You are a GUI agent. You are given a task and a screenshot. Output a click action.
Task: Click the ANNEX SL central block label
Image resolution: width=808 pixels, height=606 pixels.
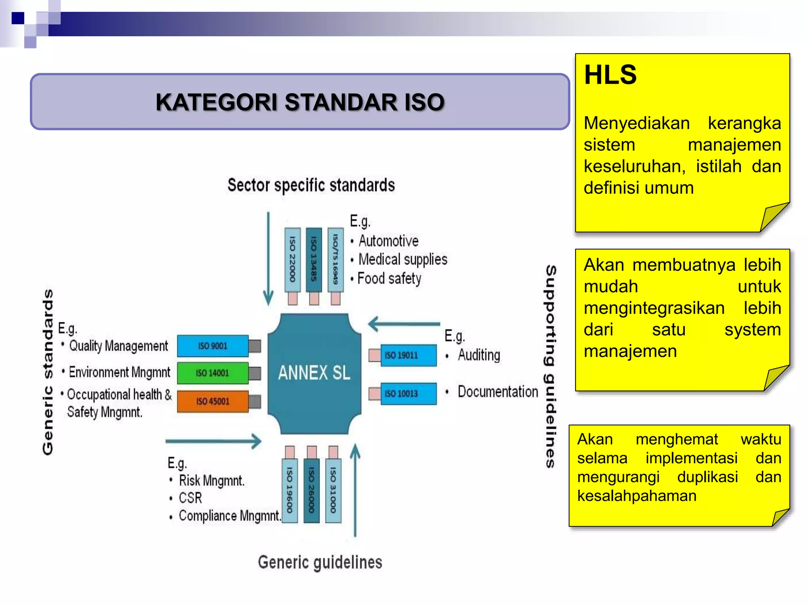coord(314,373)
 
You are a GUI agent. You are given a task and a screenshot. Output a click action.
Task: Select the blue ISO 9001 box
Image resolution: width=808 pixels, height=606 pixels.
coord(213,346)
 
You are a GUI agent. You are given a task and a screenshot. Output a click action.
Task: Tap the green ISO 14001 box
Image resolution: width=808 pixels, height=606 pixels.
coord(213,373)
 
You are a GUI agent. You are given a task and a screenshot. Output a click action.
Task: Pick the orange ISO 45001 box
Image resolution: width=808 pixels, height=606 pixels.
coord(213,401)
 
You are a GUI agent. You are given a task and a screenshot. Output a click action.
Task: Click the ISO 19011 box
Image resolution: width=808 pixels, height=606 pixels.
coord(408,355)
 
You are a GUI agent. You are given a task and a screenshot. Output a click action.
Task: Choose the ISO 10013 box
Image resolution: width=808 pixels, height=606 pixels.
coord(408,393)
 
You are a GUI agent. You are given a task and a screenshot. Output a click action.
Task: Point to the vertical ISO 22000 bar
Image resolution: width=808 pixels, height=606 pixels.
coord(292,259)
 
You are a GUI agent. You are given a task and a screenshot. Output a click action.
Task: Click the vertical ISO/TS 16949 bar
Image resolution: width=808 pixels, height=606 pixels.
coord(335,259)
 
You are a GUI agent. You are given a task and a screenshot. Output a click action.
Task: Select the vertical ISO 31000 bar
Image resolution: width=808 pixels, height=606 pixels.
coord(333,490)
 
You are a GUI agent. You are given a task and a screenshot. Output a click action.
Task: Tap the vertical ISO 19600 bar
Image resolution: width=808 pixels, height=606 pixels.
coord(290,490)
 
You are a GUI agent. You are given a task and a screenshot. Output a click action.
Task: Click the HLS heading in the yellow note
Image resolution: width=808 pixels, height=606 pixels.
coord(610,75)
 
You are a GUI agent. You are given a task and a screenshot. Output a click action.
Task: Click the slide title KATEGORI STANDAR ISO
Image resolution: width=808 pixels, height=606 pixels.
coord(300,102)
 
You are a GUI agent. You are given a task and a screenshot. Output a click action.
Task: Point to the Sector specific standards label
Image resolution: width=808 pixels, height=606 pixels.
coord(311,185)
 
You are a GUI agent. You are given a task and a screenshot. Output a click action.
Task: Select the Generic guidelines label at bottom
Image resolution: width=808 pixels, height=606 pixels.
coord(320,562)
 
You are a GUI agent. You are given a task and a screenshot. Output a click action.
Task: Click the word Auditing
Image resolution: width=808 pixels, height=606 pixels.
coord(479,355)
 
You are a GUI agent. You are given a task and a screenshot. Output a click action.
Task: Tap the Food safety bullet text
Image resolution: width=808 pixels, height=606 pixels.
coord(389,279)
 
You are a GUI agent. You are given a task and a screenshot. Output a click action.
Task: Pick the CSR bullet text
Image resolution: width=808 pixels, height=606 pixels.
coord(190,498)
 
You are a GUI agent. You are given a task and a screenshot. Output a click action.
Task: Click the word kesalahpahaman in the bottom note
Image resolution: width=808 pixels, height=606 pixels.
coord(636,496)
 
